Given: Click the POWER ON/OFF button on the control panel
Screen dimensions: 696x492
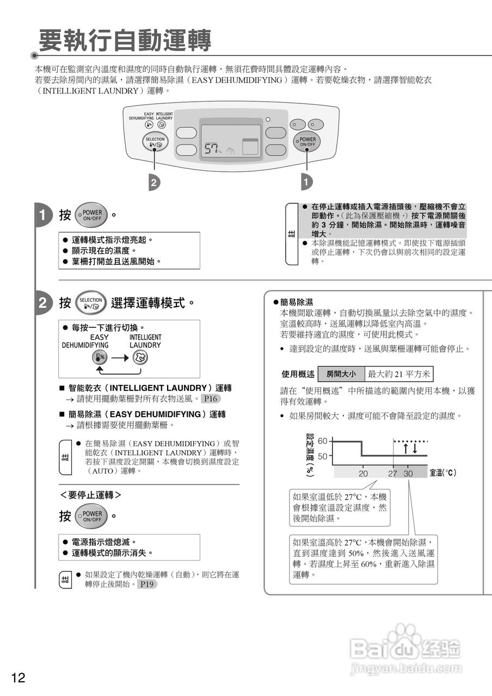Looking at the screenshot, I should click(307, 141).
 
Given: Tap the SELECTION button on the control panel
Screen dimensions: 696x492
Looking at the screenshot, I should click(155, 142).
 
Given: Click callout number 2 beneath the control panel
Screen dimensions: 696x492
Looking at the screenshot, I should click(155, 183).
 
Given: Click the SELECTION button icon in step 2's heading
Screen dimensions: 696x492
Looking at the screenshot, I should click(90, 303).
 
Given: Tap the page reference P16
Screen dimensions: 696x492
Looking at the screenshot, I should click(211, 399).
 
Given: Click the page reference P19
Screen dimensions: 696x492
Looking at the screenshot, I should click(146, 584).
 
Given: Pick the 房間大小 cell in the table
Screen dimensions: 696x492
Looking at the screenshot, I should click(341, 374).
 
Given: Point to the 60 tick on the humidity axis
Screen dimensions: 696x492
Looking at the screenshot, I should click(323, 441).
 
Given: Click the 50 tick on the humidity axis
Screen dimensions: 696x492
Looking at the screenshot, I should click(323, 457).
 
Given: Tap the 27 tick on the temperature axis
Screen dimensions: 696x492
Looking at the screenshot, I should click(392, 474).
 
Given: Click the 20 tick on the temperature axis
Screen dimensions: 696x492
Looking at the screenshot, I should click(363, 474).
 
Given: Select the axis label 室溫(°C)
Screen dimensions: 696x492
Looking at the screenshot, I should click(443, 473).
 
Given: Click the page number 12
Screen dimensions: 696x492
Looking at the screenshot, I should click(18, 678).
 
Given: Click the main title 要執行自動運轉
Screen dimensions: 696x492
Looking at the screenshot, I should click(125, 41).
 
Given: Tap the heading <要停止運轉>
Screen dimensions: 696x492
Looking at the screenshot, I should click(90, 495).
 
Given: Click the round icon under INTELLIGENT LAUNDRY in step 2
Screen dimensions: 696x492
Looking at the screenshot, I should click(140, 357).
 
